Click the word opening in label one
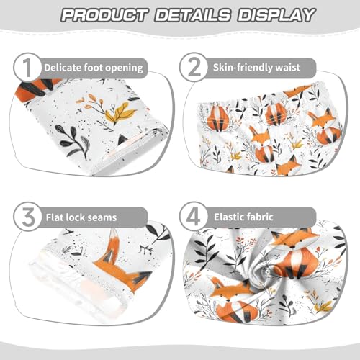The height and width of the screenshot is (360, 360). tap(122, 68)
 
